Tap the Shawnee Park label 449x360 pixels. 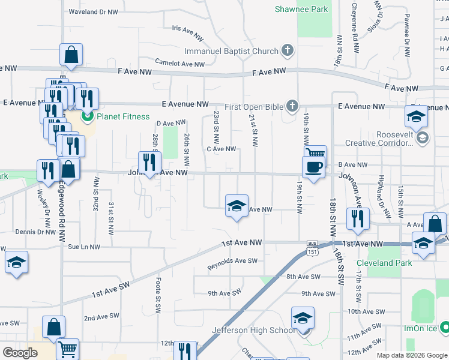tap(301, 9)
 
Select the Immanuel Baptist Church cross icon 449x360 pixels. tap(288, 51)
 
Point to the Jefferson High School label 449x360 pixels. tap(253, 330)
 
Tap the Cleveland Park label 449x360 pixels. tap(384, 263)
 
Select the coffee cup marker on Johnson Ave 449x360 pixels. tap(313, 167)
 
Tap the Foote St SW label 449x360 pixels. tap(157, 301)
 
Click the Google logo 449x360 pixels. tap(20, 353)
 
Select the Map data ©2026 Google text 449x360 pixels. tap(411, 355)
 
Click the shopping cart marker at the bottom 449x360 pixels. tap(68, 349)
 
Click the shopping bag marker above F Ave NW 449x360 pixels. tap(71, 55)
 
